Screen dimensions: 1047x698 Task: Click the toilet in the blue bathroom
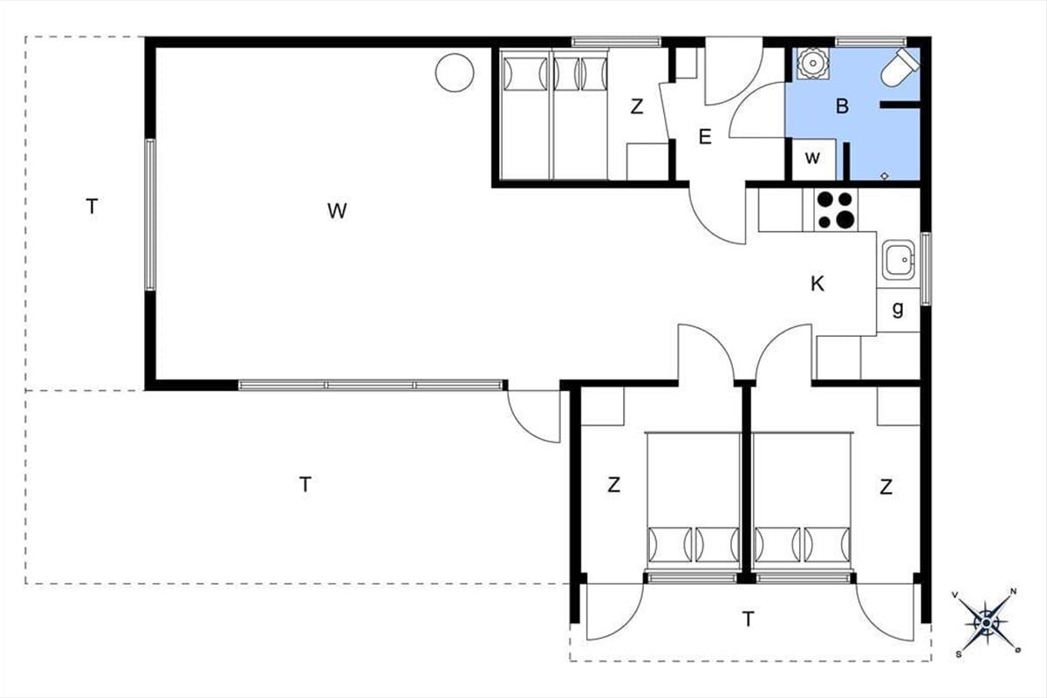[x=900, y=67]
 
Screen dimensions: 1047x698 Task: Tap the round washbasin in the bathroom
[x=813, y=62]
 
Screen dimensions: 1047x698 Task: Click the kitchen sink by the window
[x=898, y=260]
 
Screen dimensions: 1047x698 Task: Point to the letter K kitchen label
[x=817, y=284]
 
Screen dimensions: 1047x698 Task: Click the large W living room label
[x=337, y=211]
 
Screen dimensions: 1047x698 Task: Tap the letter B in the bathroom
[x=842, y=106]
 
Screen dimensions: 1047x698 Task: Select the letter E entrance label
[x=704, y=137]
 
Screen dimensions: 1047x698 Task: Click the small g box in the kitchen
[x=898, y=310]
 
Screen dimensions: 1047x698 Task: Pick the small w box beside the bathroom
[x=813, y=159]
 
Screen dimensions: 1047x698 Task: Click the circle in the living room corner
[x=455, y=72]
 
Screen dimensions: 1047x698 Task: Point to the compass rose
[x=986, y=623]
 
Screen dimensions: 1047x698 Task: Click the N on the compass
[x=1013, y=592]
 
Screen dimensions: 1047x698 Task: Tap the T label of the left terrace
[x=92, y=206]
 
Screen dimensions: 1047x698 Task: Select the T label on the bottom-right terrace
[x=748, y=619]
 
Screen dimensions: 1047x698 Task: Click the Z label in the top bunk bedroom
[x=636, y=107]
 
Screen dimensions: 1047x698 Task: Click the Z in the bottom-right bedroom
[x=886, y=487]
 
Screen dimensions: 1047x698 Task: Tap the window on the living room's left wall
[x=150, y=215]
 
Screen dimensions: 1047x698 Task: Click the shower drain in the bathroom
[x=885, y=175]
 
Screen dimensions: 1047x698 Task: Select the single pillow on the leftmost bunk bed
[x=526, y=74]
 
